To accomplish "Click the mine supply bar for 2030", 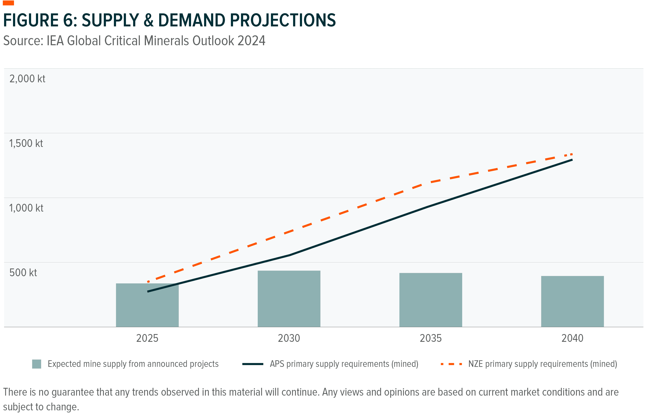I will (x=289, y=299).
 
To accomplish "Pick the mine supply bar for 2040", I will (x=572, y=302).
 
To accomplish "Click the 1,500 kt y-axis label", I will (x=26, y=144).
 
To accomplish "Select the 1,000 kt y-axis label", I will (x=26, y=208).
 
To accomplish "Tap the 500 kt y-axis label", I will (x=23, y=273).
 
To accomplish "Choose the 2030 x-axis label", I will (x=289, y=338).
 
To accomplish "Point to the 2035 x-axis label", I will (x=431, y=338).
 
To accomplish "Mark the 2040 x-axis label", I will (x=572, y=338).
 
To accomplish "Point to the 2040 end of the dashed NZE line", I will (x=572, y=154).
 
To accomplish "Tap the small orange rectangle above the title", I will (x=8, y=3).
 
